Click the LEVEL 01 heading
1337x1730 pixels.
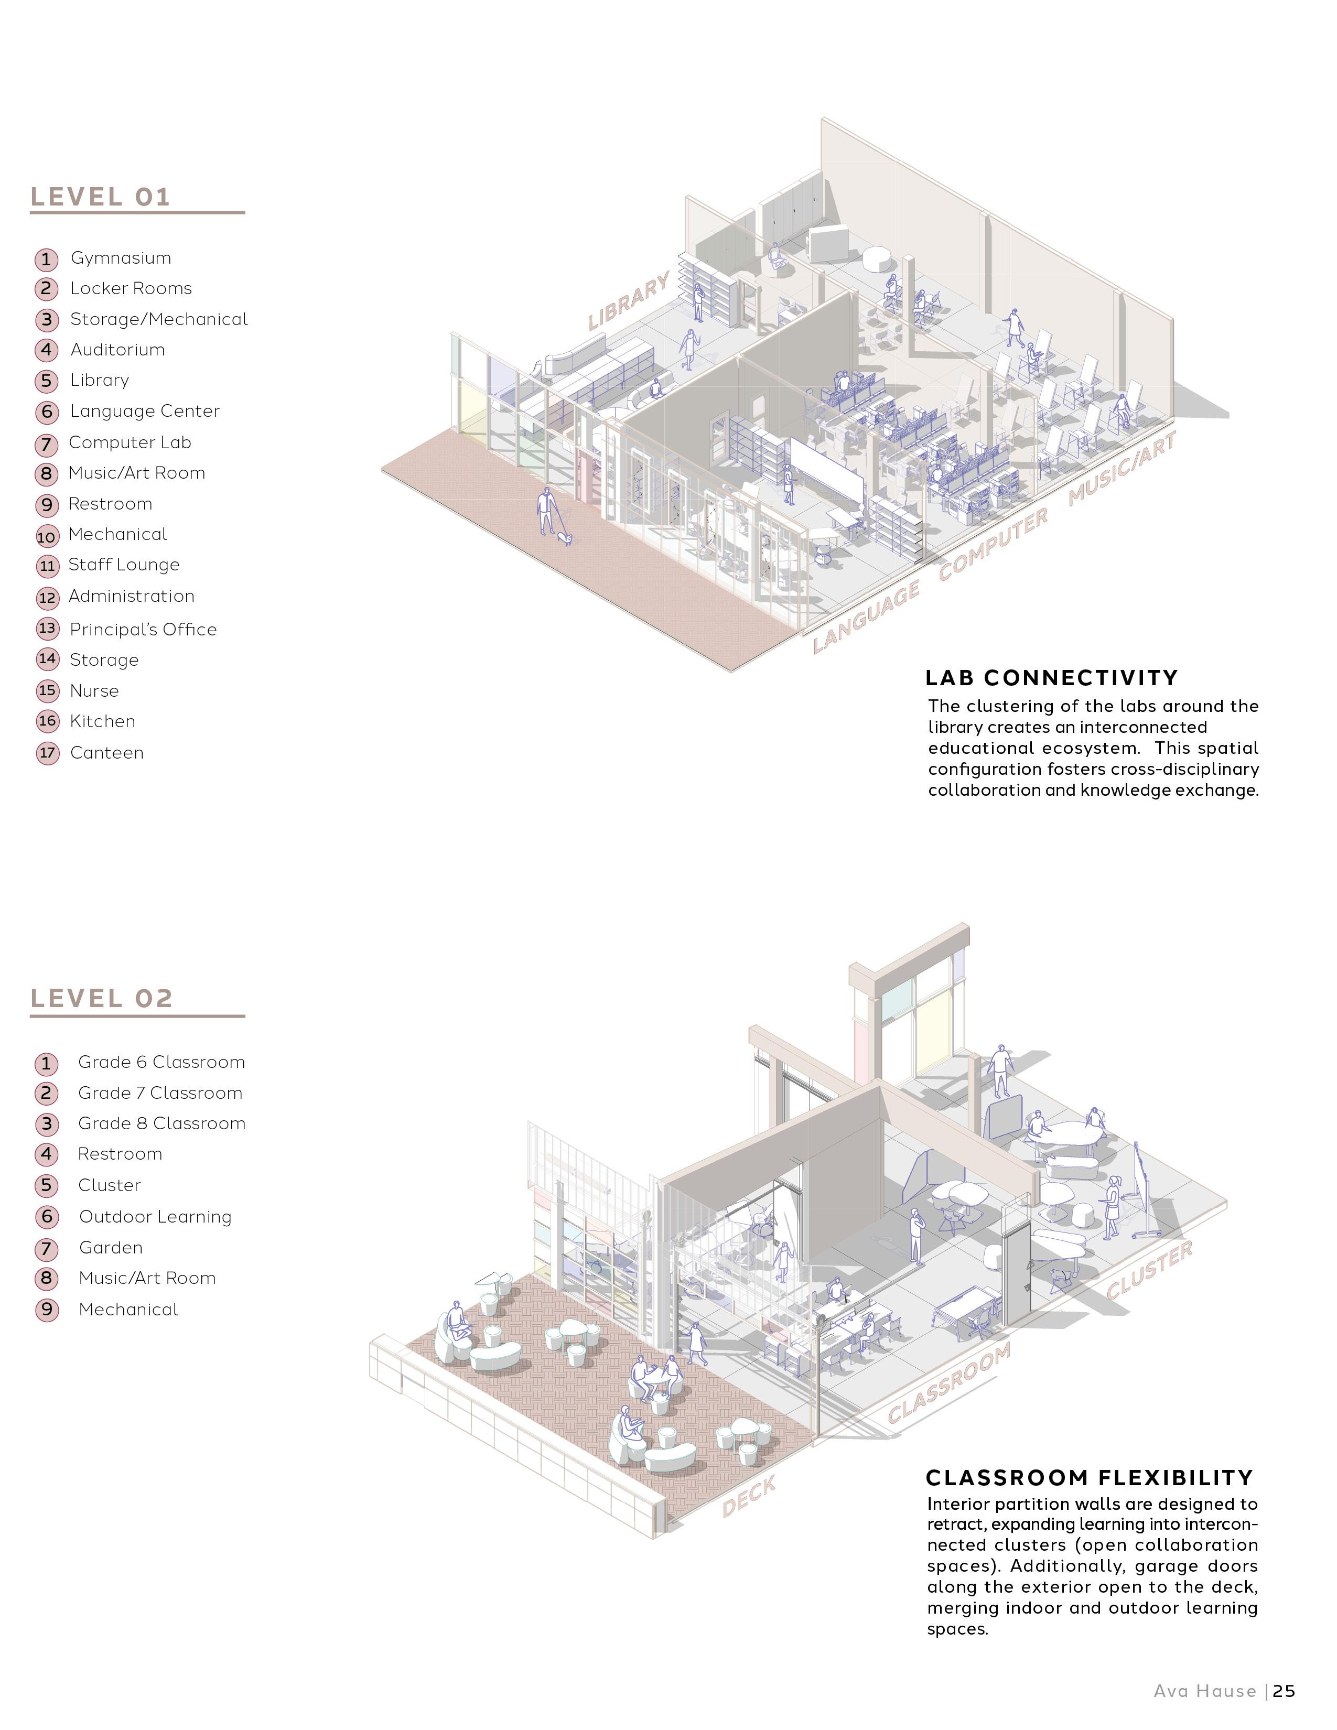coord(101,197)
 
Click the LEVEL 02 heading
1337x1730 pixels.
coord(101,999)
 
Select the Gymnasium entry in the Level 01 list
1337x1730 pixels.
coord(121,258)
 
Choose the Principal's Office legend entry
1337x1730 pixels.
coord(143,630)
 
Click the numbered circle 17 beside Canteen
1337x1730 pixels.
coord(48,752)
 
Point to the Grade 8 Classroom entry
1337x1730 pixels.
coord(161,1124)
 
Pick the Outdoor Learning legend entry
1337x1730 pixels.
coord(155,1217)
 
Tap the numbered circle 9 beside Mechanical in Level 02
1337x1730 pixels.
coord(47,1310)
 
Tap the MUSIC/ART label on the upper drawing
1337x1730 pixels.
coord(1122,470)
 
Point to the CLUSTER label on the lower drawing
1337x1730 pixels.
coord(1149,1271)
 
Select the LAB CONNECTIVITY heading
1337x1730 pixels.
coord(1051,678)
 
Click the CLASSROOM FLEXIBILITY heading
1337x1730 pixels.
coord(1089,1478)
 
